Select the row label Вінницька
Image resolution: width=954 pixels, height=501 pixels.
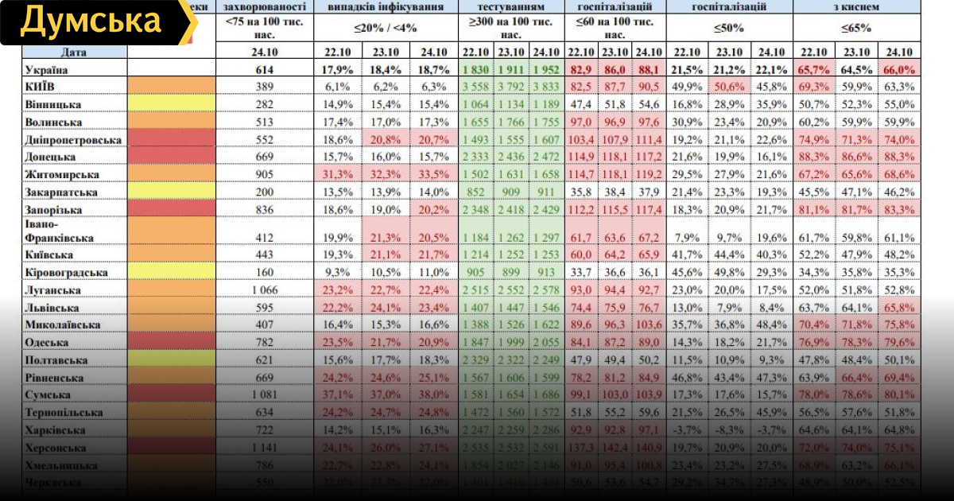tap(52, 104)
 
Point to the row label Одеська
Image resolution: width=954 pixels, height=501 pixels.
tap(47, 342)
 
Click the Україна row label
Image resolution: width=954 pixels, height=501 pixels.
tap(47, 69)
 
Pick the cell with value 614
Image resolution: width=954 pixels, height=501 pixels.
tap(264, 69)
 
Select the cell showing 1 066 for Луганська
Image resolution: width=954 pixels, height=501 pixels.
tap(264, 289)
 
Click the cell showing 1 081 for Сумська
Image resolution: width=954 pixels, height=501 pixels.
tap(264, 394)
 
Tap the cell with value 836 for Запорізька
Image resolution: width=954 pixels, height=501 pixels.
tap(264, 209)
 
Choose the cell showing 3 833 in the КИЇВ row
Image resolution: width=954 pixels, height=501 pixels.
tap(546, 87)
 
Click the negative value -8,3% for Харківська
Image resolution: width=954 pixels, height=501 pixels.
tap(734, 430)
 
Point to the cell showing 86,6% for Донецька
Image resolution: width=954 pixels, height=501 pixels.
tap(855, 157)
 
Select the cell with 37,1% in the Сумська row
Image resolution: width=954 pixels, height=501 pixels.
tap(338, 394)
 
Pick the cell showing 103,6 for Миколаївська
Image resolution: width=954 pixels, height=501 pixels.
tap(648, 324)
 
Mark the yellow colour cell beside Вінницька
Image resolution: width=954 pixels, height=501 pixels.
tap(171, 104)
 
